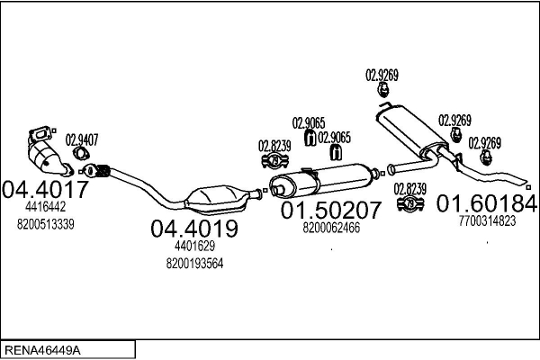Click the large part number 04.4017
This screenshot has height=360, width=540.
coord(46,190)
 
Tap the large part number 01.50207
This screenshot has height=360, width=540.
coord(331,211)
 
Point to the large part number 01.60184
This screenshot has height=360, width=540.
coord(486,202)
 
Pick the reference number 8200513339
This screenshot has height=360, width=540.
coord(45,223)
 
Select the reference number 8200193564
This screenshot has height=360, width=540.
coord(194,263)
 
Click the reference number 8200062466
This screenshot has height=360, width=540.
coord(330,229)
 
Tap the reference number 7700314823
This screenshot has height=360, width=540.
coord(487,220)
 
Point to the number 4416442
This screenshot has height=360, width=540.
coord(44,206)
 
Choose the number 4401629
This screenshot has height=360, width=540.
coord(194,246)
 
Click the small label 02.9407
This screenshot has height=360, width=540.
coord(84,139)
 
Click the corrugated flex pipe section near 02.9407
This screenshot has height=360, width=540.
coord(101,168)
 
